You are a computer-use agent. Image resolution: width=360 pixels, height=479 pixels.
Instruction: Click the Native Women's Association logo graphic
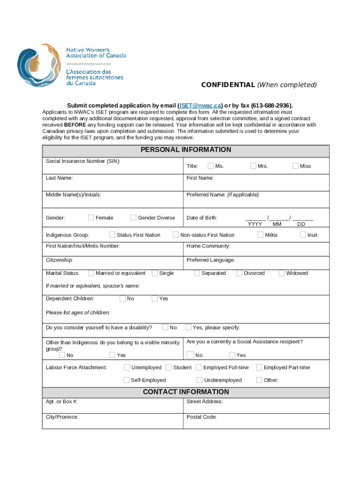point(39,65)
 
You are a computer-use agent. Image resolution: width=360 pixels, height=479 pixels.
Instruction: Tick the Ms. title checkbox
point(211,166)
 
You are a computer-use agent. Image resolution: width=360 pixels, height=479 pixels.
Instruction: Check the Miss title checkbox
point(295,166)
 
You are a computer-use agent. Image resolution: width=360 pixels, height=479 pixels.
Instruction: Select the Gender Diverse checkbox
point(133,218)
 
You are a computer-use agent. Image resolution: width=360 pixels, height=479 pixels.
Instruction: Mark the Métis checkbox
point(260,235)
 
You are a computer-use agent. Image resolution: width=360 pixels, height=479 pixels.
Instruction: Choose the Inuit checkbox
point(302,235)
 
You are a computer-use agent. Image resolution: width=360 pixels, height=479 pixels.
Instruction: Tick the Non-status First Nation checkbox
point(176,235)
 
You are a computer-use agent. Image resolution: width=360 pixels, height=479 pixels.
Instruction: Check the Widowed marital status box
point(281,273)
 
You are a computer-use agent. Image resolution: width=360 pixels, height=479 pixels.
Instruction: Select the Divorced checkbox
point(239,273)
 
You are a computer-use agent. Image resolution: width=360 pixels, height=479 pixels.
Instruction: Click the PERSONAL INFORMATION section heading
point(186,150)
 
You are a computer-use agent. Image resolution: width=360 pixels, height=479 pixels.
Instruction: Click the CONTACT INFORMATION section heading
point(186,392)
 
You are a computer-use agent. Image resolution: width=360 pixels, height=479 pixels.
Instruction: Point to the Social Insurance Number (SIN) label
point(83,161)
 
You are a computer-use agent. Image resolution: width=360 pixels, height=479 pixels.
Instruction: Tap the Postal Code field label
point(201,417)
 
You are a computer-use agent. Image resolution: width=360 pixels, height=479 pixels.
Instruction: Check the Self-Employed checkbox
point(126,380)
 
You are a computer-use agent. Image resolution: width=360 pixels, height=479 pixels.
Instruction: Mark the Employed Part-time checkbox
point(259,368)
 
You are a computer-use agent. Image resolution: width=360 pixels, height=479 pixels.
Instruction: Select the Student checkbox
point(169,368)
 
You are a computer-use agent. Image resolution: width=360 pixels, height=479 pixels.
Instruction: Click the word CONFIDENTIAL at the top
point(228,85)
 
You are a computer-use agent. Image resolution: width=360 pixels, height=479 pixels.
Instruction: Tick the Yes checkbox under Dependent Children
point(154,298)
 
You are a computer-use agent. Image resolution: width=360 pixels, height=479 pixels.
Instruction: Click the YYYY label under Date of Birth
point(255,224)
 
